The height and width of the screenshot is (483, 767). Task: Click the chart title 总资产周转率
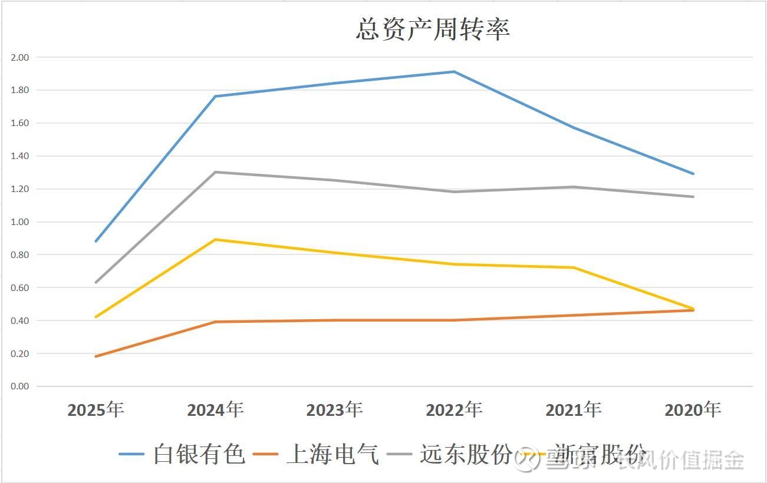432,29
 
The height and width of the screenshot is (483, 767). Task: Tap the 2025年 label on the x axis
96,409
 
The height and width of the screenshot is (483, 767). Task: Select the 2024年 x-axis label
215,409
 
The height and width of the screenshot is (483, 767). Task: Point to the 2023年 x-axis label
334,409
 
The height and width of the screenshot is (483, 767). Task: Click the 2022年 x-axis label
454,409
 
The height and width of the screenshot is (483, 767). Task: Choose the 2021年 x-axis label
574,409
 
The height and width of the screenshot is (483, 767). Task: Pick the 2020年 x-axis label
693,409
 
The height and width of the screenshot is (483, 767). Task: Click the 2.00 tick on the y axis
19,58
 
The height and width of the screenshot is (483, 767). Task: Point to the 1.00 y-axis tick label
19,222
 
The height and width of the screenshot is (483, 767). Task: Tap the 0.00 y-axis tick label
19,386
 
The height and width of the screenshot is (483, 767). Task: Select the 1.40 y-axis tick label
19,156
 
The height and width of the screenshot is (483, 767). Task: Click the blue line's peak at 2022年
454,72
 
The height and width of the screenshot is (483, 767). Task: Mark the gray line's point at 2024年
215,172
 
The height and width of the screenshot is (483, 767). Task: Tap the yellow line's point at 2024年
215,239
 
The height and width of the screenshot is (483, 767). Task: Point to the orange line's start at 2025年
96,356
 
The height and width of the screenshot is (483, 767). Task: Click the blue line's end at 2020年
693,174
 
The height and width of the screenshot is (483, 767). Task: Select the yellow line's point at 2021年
574,267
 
